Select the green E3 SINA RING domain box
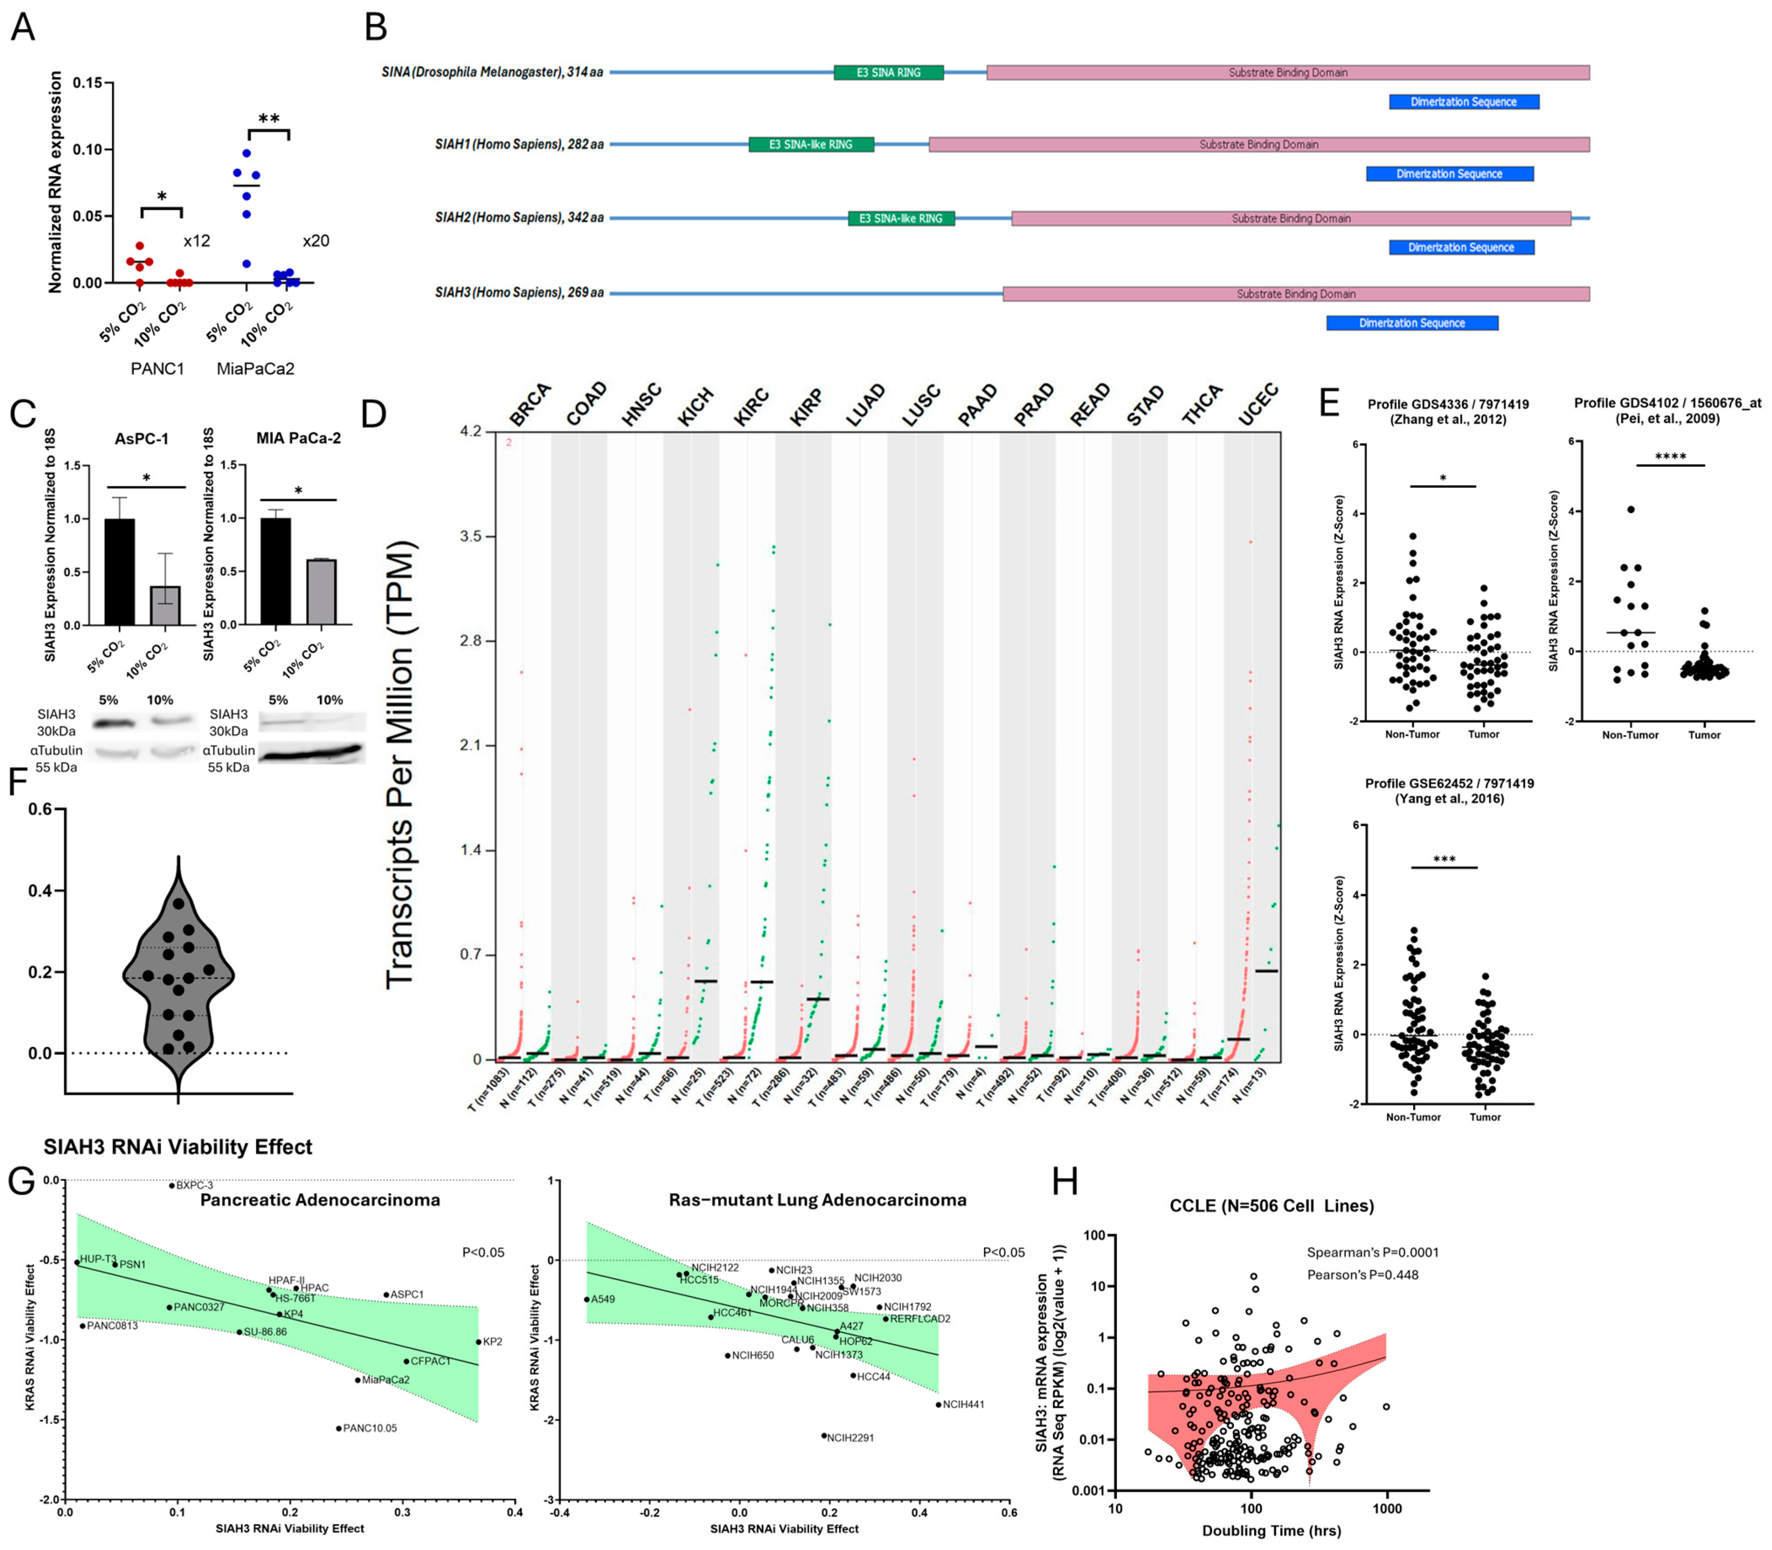(888, 73)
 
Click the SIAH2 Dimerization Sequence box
(1461, 247)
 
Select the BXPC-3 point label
(195, 1185)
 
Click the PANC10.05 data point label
(370, 1428)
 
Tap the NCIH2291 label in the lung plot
(850, 1438)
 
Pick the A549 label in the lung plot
(603, 1299)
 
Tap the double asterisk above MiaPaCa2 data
(269, 119)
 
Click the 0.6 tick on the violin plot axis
(40, 810)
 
